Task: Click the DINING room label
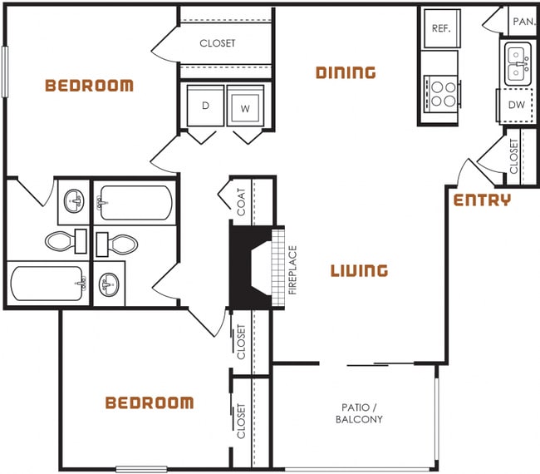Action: tap(346, 72)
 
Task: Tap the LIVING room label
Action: tap(359, 270)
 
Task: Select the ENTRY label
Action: tap(482, 200)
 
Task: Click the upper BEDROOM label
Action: tap(89, 85)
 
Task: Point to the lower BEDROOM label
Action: tap(150, 403)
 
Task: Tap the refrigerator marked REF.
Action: tap(440, 28)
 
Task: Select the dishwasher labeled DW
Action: tap(516, 105)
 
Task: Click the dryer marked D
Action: tap(205, 107)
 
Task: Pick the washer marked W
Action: tap(246, 107)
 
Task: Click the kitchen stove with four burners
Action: tap(441, 92)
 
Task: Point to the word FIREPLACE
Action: tap(292, 270)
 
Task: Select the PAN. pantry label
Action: tap(523, 22)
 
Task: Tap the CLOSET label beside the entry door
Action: tap(513, 156)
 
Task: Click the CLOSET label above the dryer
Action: tap(218, 43)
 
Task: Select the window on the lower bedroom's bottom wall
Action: tap(144, 469)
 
